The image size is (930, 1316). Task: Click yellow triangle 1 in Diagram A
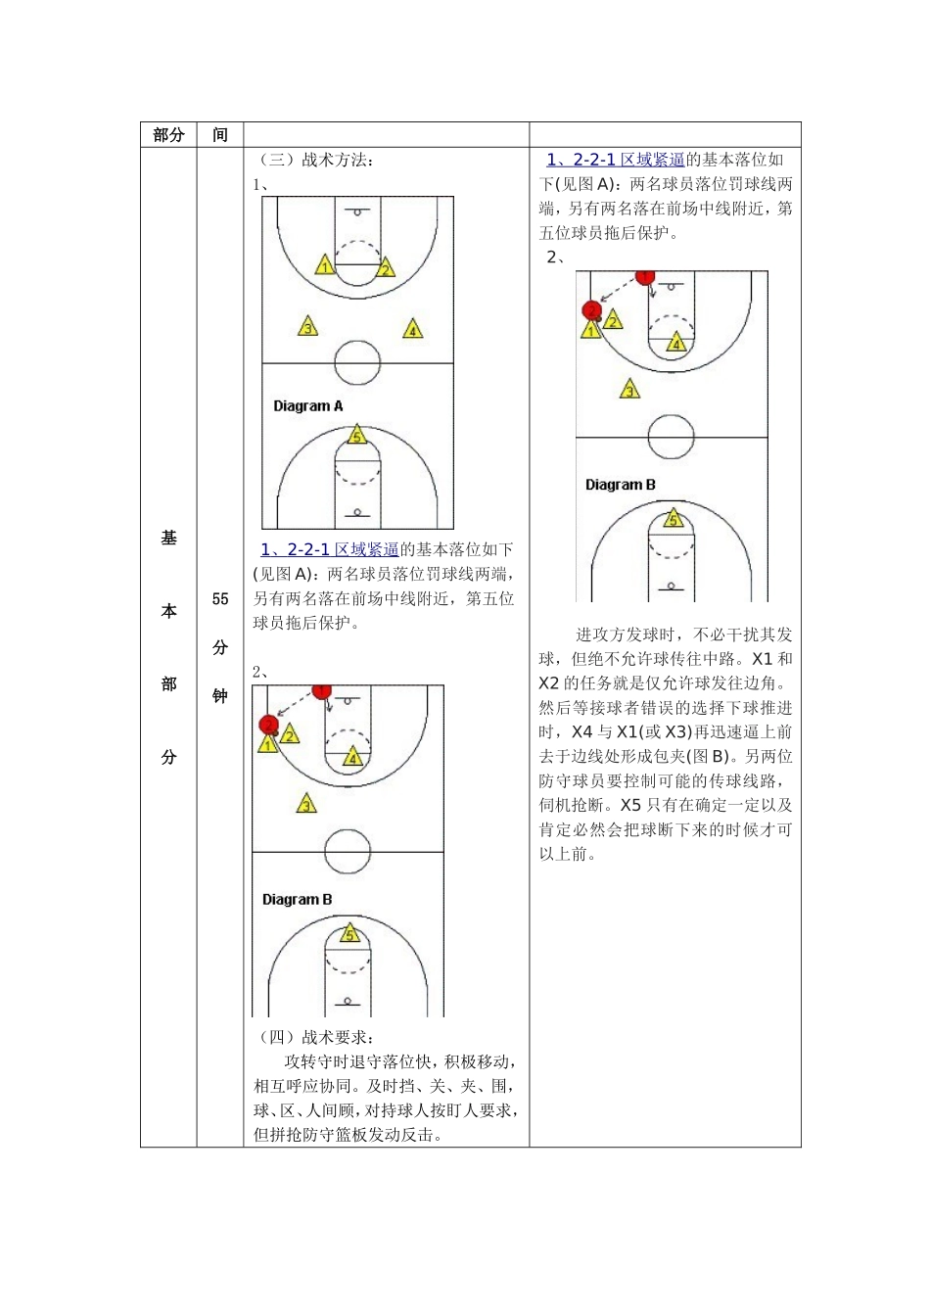(325, 266)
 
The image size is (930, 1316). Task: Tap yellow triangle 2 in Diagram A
(385, 268)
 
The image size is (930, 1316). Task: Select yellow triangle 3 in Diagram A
(307, 327)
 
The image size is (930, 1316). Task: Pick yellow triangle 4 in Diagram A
(413, 329)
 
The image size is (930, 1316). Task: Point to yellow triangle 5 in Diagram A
(356, 436)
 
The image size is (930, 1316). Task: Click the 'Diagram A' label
(307, 405)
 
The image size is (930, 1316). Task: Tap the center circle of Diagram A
(357, 363)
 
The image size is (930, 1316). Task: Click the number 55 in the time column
(220, 598)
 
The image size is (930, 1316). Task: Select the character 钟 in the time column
(220, 696)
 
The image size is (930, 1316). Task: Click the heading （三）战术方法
(313, 160)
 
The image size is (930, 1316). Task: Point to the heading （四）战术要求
(313, 1037)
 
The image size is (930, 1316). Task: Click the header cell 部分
(168, 135)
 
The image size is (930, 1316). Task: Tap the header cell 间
(220, 135)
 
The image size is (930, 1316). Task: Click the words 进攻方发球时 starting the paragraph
(625, 634)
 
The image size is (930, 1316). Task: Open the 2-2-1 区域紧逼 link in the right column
(616, 160)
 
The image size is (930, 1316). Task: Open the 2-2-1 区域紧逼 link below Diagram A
(330, 549)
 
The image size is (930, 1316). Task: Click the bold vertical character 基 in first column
(168, 538)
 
